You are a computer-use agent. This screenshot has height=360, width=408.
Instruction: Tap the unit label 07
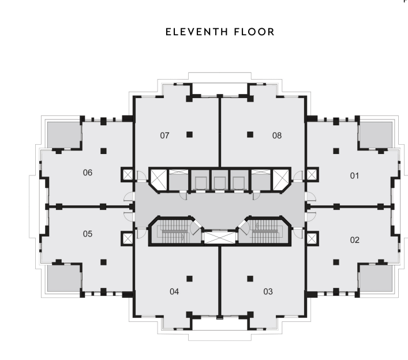pyautogui.click(x=164, y=136)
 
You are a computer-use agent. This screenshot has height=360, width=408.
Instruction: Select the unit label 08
pyautogui.click(x=277, y=136)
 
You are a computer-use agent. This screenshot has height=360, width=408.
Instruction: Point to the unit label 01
pyautogui.click(x=354, y=175)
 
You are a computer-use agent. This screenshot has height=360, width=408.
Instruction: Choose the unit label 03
pyautogui.click(x=268, y=291)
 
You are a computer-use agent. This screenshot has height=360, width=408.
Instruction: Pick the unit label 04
pyautogui.click(x=174, y=291)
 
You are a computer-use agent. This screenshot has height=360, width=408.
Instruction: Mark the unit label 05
pyautogui.click(x=88, y=234)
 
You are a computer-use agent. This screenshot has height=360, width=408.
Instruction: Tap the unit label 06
pyautogui.click(x=88, y=172)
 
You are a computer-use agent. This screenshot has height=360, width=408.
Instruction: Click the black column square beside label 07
pyautogui.click(x=189, y=134)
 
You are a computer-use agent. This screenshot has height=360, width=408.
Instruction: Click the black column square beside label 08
pyautogui.click(x=250, y=134)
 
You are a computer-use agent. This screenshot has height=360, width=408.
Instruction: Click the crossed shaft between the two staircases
pyautogui.click(x=220, y=237)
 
